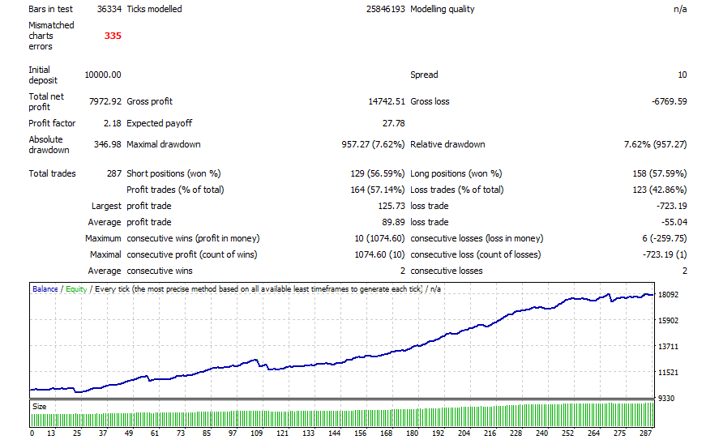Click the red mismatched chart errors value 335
pyautogui.click(x=112, y=36)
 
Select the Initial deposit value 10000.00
pyautogui.click(x=102, y=75)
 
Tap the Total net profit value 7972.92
pyautogui.click(x=105, y=101)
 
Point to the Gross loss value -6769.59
pyautogui.click(x=670, y=101)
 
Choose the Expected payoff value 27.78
pyautogui.click(x=393, y=123)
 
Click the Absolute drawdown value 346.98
pyautogui.click(x=108, y=144)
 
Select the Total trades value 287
pyautogui.click(x=113, y=173)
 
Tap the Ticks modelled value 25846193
pyautogui.click(x=386, y=9)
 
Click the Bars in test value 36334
pyautogui.click(x=109, y=9)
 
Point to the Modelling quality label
pyautogui.click(x=443, y=9)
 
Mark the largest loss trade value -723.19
pyautogui.click(x=672, y=206)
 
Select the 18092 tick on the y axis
pyautogui.click(x=670, y=295)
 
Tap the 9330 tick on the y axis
pyautogui.click(x=667, y=399)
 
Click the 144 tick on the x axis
pyautogui.click(x=334, y=433)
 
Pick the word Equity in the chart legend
pyautogui.click(x=77, y=289)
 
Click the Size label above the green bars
pyautogui.click(x=40, y=406)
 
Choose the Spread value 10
pyautogui.click(x=682, y=75)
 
